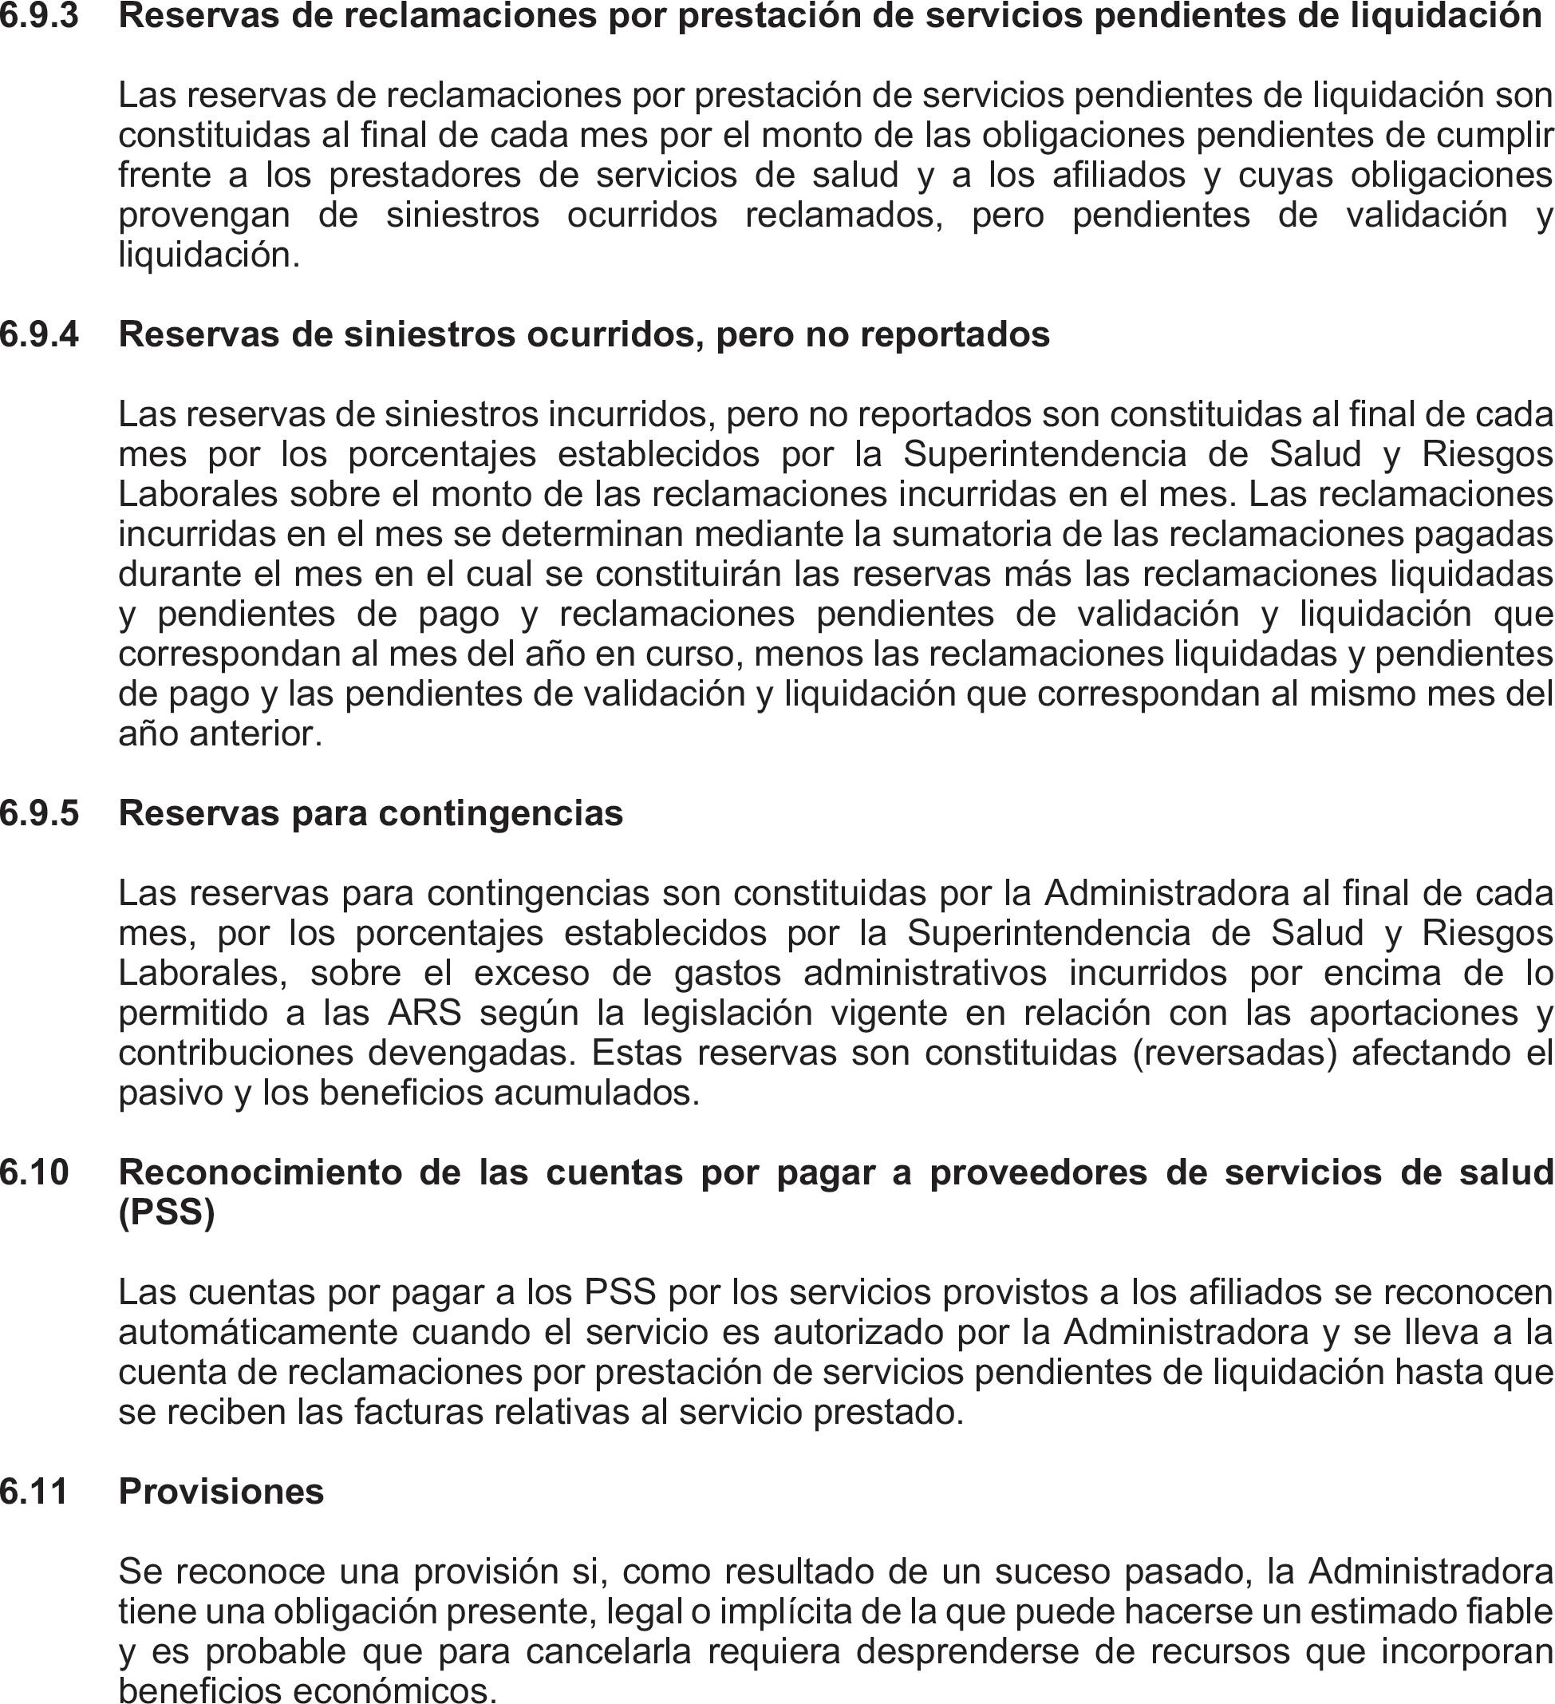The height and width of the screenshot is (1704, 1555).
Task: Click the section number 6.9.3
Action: [x=39, y=16]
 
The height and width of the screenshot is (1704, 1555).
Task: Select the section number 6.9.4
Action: [x=39, y=334]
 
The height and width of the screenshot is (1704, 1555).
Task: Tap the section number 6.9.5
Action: [x=39, y=813]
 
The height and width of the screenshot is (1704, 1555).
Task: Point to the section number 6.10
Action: [x=34, y=1172]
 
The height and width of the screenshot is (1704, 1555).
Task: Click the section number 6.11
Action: [x=34, y=1492]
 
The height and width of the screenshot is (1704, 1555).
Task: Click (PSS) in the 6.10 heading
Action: [x=167, y=1213]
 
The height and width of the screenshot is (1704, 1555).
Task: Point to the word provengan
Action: [x=203, y=215]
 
